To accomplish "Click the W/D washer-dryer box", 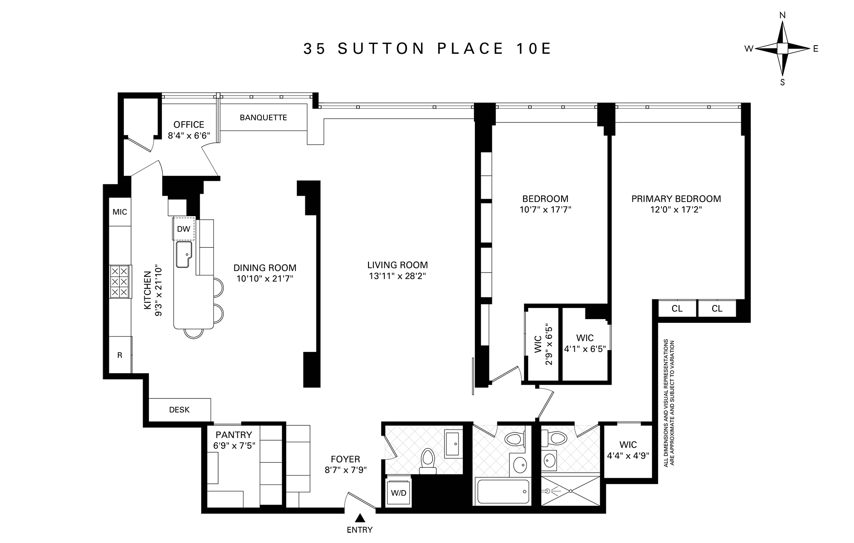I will [399, 493].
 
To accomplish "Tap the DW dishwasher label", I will [184, 229].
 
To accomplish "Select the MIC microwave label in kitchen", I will [120, 212].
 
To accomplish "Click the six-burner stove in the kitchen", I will [120, 282].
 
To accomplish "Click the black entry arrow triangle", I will [360, 518].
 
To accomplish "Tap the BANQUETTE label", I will [263, 118].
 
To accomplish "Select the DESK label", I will [179, 410].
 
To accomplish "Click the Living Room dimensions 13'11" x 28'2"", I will [398, 276].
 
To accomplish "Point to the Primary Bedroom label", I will [676, 199].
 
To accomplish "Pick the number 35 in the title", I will [315, 49].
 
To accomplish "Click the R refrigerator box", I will [120, 355].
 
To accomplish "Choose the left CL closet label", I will [677, 309].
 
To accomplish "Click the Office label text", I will [189, 125].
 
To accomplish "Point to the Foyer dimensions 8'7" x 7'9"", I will [345, 470].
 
